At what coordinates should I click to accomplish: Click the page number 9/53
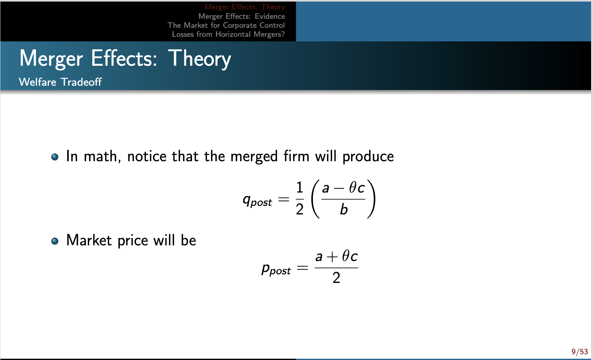(x=579, y=351)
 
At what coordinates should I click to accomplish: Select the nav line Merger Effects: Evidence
(x=241, y=16)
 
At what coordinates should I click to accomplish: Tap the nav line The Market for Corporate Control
(x=226, y=25)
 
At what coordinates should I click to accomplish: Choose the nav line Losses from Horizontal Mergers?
(x=228, y=34)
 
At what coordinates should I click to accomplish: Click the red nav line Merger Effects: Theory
(x=244, y=7)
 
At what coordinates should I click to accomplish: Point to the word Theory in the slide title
(x=200, y=59)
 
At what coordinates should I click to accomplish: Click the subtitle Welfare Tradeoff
(x=60, y=82)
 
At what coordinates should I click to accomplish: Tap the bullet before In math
(x=55, y=157)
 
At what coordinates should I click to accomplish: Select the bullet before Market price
(x=55, y=241)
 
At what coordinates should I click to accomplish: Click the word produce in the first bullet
(x=368, y=157)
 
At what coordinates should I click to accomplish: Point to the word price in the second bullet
(x=133, y=241)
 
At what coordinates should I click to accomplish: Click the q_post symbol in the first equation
(x=257, y=200)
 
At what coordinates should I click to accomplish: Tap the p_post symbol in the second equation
(x=276, y=269)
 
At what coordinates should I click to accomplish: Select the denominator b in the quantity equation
(x=343, y=209)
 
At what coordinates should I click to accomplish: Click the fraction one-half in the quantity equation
(x=300, y=199)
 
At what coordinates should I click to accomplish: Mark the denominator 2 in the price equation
(x=336, y=278)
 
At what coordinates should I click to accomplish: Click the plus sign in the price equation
(x=332, y=257)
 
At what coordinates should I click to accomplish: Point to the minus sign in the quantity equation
(x=339, y=189)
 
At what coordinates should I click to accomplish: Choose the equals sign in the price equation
(x=302, y=268)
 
